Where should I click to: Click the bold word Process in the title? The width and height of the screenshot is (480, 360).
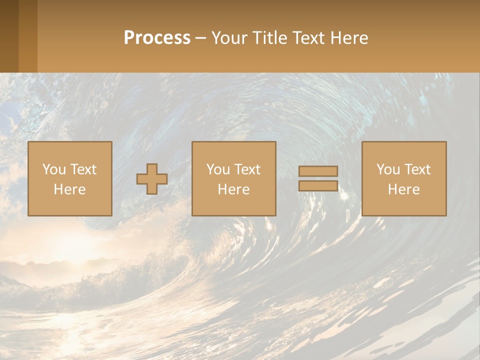(157, 38)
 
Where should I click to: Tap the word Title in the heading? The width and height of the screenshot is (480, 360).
(268, 38)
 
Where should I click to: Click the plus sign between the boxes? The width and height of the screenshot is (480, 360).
(152, 179)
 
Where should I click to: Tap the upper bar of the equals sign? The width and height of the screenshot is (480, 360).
(318, 171)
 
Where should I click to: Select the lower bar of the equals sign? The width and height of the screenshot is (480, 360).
(318, 186)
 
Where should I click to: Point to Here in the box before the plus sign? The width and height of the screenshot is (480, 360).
(69, 189)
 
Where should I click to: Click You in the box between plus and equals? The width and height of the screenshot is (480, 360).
(218, 169)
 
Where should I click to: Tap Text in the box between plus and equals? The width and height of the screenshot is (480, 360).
(247, 169)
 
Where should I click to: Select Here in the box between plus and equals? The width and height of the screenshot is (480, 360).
(233, 189)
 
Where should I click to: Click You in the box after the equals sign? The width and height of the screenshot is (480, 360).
(388, 169)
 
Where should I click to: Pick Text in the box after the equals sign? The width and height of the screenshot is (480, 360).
(417, 169)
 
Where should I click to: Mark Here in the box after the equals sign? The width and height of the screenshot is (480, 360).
(403, 189)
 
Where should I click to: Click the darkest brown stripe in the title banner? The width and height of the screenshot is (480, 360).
(9, 36)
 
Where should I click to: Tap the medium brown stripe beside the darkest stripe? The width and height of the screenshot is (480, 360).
(28, 36)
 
